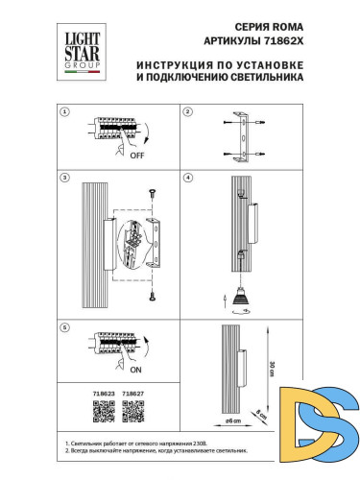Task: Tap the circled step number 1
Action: [65, 111]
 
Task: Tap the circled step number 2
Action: [188, 111]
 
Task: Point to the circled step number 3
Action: [65, 179]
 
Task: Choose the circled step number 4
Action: [188, 179]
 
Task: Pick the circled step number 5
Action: [65, 327]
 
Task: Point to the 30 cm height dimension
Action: [273, 369]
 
